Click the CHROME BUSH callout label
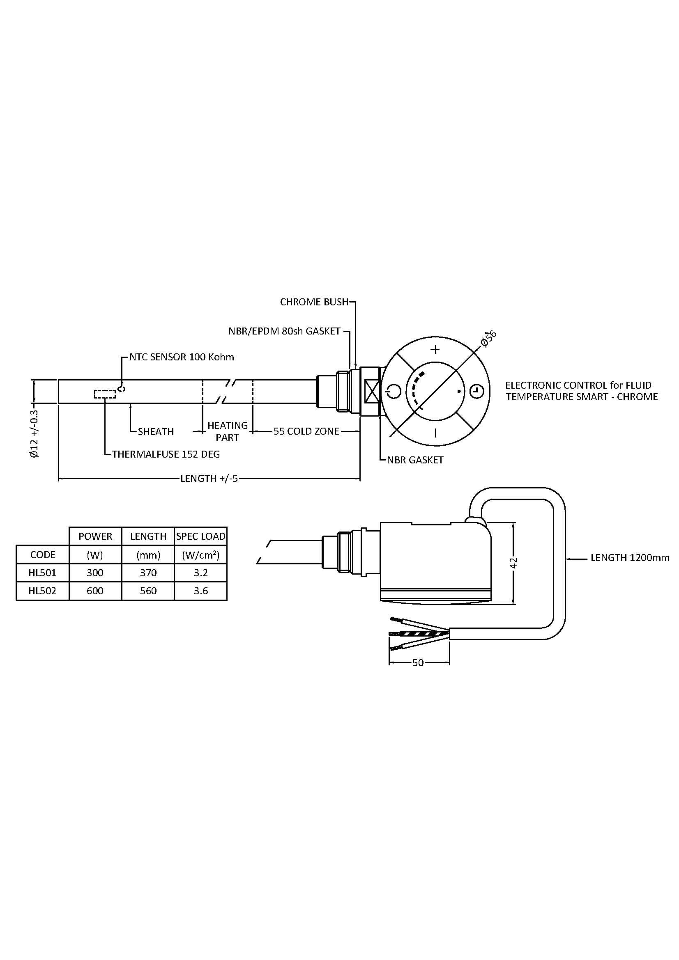click(x=314, y=302)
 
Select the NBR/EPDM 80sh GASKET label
click(x=285, y=331)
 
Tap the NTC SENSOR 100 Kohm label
click(x=182, y=357)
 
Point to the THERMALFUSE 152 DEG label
click(x=166, y=454)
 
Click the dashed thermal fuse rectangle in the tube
click(x=105, y=394)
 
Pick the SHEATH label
click(x=156, y=431)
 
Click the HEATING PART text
click(x=228, y=431)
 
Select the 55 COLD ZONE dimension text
click(x=306, y=431)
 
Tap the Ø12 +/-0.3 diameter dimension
click(x=35, y=433)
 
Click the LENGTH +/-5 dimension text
click(x=209, y=478)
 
